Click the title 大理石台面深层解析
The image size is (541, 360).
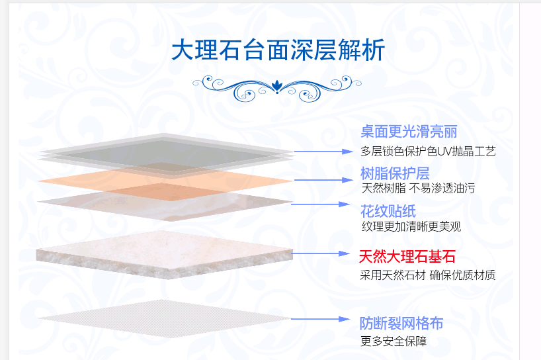278,50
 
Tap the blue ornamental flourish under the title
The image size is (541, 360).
277,89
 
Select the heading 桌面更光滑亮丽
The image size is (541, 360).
409,132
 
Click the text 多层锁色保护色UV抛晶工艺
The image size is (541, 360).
428,151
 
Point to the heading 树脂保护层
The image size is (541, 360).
395,173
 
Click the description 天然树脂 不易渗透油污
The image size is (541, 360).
418,189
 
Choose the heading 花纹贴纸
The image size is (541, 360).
388,211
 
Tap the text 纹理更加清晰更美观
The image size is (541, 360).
411,227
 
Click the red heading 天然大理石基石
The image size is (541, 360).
407,257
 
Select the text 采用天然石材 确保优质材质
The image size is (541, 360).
428,275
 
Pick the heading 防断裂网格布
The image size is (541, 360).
401,324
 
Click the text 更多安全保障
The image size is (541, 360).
394,341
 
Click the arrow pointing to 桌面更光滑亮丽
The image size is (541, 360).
323,152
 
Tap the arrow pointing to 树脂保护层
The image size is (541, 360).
323,180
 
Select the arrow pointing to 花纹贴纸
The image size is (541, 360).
321,204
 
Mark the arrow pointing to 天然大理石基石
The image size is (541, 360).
321,253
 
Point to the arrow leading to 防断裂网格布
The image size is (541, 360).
321,319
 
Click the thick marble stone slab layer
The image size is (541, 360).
164,255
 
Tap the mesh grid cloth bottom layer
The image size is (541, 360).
164,318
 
